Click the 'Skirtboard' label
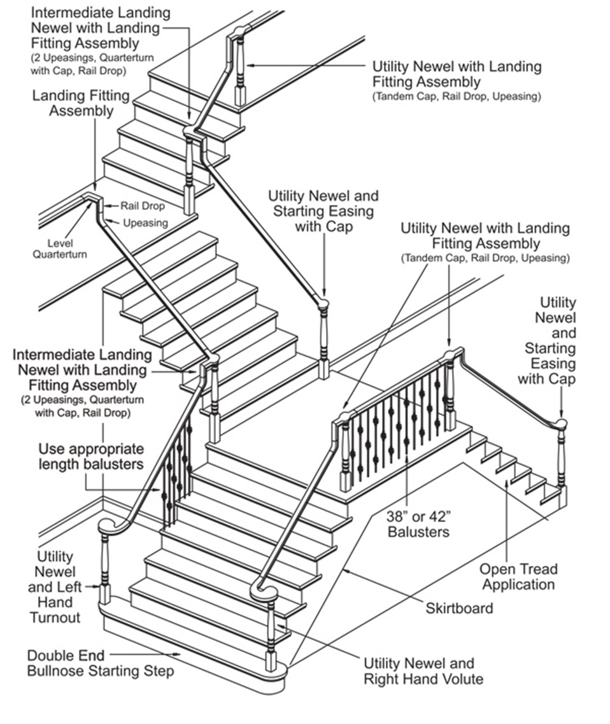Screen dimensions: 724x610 point(459,607)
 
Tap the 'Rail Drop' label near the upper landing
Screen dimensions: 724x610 point(143,206)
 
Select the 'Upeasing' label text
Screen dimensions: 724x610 point(145,223)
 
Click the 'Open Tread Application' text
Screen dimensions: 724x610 point(518,576)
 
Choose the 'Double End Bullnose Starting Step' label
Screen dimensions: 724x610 point(100,663)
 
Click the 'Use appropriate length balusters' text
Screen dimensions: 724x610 point(90,456)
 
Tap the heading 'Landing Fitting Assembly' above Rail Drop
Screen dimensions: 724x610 point(82,103)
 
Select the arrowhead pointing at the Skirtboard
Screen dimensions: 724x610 point(345,571)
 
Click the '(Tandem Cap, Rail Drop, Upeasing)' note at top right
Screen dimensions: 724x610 point(457,97)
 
